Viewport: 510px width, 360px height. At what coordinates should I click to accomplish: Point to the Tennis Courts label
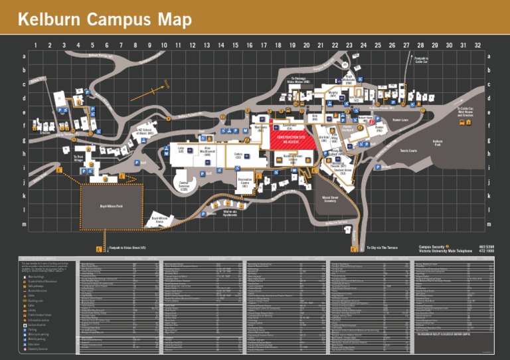pyautogui.click(x=408, y=151)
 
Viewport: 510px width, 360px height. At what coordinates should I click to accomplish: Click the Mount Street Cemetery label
pyautogui.click(x=331, y=199)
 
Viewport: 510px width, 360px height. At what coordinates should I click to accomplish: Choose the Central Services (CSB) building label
pyautogui.click(x=188, y=183)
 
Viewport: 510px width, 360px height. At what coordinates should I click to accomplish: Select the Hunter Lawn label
pyautogui.click(x=400, y=120)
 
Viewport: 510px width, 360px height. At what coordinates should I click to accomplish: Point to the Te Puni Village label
pyautogui.click(x=78, y=159)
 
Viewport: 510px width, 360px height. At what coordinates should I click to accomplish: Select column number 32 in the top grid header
pyautogui.click(x=477, y=45)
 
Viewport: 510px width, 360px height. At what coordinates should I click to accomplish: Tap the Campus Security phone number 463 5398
pyautogui.click(x=486, y=246)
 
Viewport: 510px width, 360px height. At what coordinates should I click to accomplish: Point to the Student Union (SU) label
pyautogui.click(x=342, y=171)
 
